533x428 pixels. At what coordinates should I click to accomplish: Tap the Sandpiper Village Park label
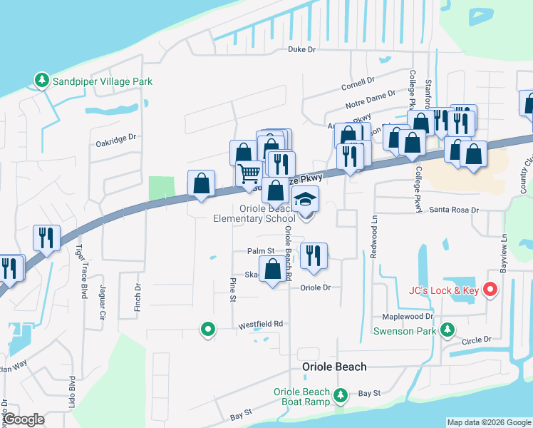(103, 82)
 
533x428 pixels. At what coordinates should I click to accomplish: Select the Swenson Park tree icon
(447, 330)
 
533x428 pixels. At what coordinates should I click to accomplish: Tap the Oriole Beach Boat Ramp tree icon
(341, 395)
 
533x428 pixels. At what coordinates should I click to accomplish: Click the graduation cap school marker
(306, 200)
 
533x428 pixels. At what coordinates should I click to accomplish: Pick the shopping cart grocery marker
(249, 173)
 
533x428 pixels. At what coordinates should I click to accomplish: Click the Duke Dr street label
(301, 49)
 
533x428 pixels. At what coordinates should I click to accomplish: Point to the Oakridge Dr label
(115, 143)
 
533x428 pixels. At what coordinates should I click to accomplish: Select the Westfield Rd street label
(261, 324)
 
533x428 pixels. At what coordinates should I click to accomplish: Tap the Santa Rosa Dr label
(456, 211)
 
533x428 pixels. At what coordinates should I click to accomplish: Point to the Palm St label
(261, 251)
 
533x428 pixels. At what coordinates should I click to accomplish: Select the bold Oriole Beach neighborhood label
(335, 367)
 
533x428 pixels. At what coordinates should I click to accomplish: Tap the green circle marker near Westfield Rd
(207, 330)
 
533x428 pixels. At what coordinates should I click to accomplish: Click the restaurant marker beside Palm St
(314, 255)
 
